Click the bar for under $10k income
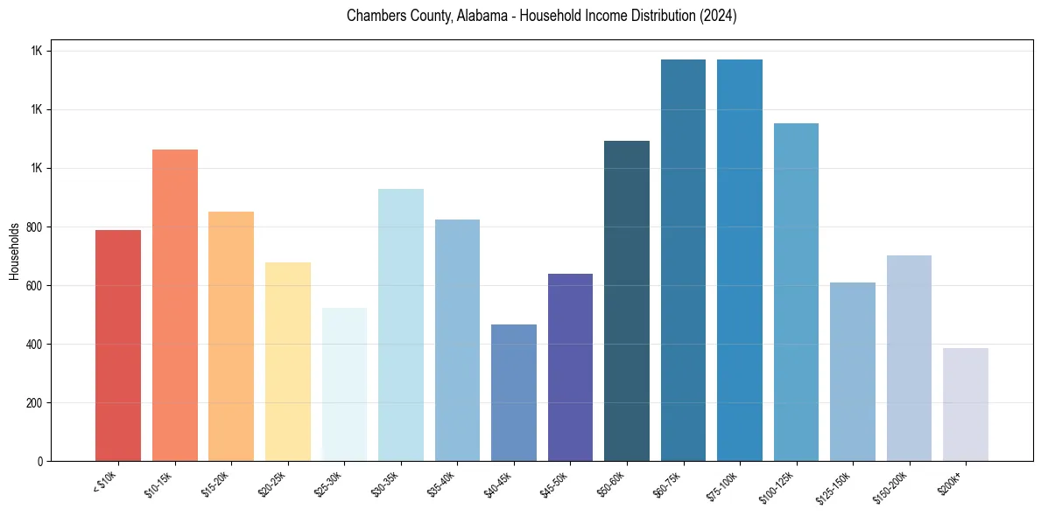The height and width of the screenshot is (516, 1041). [118, 345]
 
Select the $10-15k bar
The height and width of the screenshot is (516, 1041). [175, 305]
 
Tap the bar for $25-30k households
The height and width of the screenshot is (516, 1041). [344, 384]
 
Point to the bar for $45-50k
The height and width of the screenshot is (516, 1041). [570, 367]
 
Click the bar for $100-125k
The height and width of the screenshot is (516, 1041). [796, 292]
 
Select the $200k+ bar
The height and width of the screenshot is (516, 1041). [966, 404]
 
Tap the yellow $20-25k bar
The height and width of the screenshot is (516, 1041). [288, 361]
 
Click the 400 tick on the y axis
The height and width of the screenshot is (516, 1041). [36, 345]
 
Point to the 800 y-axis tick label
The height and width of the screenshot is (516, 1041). [36, 227]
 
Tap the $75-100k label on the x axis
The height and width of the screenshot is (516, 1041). [725, 485]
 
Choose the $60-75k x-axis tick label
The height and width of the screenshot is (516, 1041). [670, 484]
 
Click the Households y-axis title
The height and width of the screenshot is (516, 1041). [15, 251]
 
